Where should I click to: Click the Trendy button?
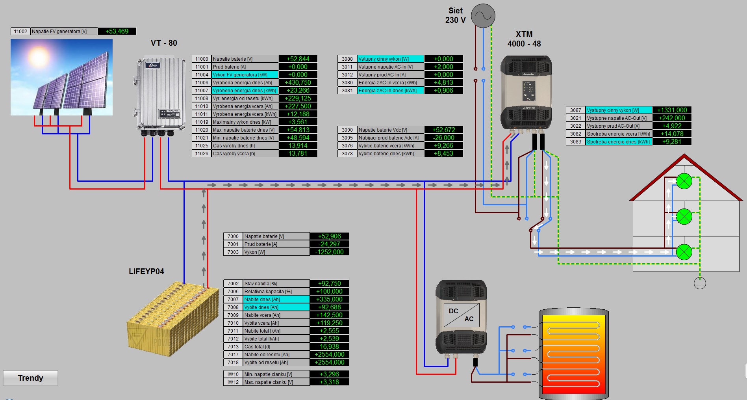[x=30, y=378]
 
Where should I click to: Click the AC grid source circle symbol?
[x=483, y=16]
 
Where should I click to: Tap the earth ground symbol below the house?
[x=700, y=283]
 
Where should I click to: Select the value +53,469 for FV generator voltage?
[x=117, y=31]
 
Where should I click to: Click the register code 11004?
[x=202, y=74]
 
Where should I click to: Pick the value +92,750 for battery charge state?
[x=330, y=283]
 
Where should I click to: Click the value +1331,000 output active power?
[x=672, y=110]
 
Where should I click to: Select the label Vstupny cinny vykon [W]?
[x=390, y=59]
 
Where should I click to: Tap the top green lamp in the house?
[x=684, y=181]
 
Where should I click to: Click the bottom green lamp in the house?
[x=684, y=252]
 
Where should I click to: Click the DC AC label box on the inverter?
[x=461, y=315]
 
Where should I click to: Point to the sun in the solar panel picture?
[x=39, y=56]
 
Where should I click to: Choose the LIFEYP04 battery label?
[x=146, y=272]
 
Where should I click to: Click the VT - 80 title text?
[x=164, y=43]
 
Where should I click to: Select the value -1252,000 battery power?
[x=330, y=252]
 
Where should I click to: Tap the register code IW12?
[x=233, y=382]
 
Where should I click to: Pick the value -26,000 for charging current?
[x=444, y=138]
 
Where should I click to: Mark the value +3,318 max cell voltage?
[x=330, y=382]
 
